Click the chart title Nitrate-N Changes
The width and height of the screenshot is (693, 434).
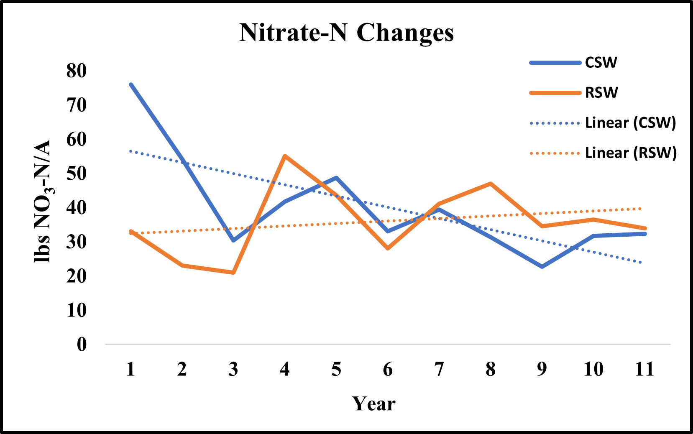346,33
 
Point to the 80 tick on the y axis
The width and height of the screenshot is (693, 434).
76,71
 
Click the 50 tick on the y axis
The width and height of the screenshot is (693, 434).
76,174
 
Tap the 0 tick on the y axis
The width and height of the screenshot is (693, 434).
82,345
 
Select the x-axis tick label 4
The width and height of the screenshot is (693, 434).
285,369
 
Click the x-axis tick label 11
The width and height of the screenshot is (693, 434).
644,369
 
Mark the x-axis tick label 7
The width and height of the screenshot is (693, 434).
439,369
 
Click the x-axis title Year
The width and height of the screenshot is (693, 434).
373,404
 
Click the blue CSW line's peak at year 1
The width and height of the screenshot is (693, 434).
131,84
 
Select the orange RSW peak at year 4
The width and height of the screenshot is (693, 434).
285,156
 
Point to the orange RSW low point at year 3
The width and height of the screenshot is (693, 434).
233,273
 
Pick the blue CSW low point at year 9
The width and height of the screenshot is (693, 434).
542,267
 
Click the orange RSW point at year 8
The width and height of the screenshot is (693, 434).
491,184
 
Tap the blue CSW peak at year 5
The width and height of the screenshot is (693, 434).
336,178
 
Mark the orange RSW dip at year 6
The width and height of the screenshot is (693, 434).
388,248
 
